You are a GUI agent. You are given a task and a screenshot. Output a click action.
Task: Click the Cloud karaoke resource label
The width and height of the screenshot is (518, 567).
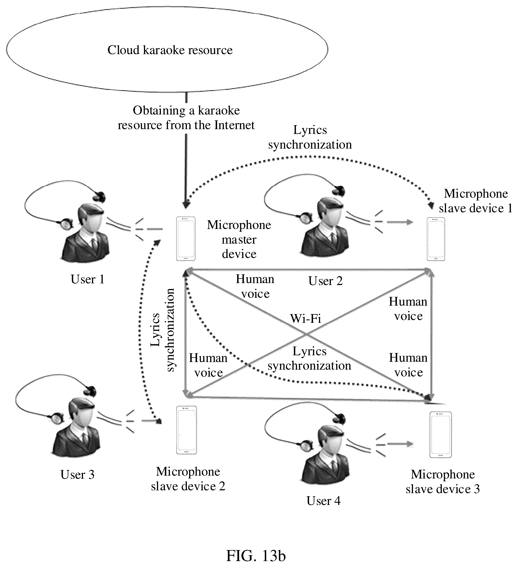point(170,50)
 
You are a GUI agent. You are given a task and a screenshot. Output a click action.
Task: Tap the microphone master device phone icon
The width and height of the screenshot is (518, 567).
point(186,239)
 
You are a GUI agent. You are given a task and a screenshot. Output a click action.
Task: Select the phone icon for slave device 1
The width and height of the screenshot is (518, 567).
point(436,239)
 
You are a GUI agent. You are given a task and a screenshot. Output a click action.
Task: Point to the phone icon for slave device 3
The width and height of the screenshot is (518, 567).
point(440,435)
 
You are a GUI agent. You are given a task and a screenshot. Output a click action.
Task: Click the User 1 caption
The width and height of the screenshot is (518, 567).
point(88,279)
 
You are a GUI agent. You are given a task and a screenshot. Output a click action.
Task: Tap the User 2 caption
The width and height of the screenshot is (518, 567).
point(325,281)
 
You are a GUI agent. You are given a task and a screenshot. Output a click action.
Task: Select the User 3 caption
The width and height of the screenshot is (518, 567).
point(77,475)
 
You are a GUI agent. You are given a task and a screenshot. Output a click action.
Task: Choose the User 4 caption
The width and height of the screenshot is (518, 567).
point(324,501)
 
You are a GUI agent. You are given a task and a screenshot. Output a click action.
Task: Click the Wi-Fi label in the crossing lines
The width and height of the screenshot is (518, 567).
point(306,318)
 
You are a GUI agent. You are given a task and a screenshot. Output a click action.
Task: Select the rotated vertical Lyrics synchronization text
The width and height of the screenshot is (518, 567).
point(163,330)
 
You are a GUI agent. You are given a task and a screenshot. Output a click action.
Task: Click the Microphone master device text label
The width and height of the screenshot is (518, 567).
point(239,239)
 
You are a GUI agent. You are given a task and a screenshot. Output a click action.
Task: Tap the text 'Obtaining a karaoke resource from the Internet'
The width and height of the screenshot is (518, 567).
point(186,118)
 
